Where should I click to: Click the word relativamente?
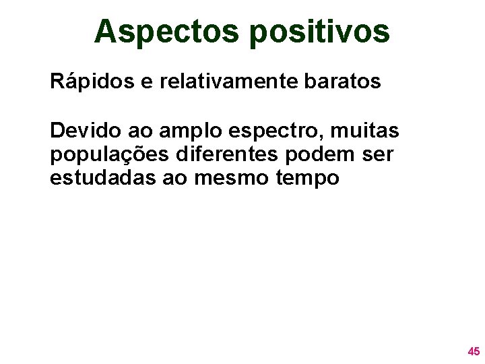pyautogui.click(x=226, y=82)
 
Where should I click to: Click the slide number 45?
pyautogui.click(x=474, y=351)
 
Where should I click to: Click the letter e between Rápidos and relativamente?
pyautogui.click(x=146, y=84)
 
